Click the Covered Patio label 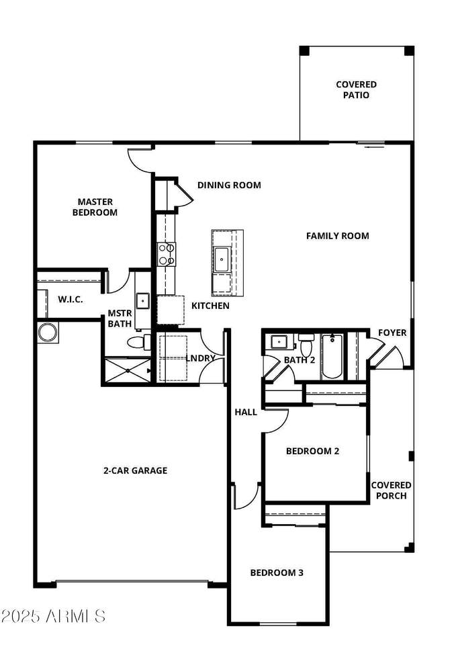click(x=356, y=89)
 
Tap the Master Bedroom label click(x=95, y=208)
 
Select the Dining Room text click(x=229, y=185)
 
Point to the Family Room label click(x=338, y=236)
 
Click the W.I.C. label click(x=70, y=299)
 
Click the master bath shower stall click(x=128, y=371)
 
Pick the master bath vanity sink click(x=142, y=301)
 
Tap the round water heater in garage click(x=46, y=333)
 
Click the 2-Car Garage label click(x=135, y=470)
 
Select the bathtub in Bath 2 click(x=332, y=356)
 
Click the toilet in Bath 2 click(x=306, y=345)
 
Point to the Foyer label click(x=392, y=333)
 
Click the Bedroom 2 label click(x=312, y=451)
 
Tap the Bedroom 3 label click(x=277, y=572)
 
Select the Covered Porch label click(x=391, y=490)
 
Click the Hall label click(x=246, y=412)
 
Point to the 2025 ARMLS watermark click(x=54, y=616)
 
